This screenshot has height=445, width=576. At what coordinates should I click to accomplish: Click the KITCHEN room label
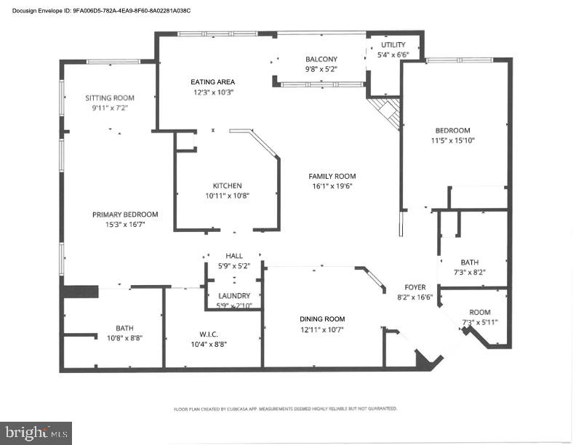click(227, 185)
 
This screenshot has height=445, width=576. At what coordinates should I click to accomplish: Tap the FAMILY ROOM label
click(332, 176)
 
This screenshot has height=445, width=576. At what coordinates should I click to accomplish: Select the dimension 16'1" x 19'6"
click(332, 185)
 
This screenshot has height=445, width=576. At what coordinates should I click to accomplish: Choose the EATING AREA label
click(212, 82)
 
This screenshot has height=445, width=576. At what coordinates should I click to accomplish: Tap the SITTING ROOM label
click(110, 97)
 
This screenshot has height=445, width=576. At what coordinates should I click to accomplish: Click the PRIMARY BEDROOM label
click(125, 215)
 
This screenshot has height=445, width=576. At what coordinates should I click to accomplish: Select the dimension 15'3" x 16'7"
click(125, 224)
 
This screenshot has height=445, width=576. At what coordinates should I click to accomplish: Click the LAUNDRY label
click(234, 296)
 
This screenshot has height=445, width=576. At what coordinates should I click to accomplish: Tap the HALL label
click(234, 256)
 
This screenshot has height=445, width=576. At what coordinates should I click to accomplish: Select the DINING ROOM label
click(322, 319)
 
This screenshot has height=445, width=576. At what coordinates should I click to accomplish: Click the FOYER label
click(415, 287)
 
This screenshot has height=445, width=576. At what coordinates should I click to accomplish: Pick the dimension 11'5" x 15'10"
click(453, 140)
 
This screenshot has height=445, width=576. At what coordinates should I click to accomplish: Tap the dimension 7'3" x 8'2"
click(469, 272)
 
